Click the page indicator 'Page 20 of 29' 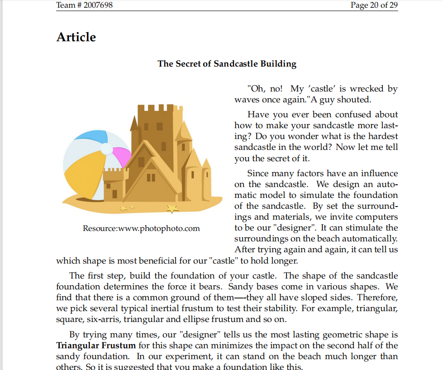pyautogui.click(x=374, y=5)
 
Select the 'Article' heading pyautogui.click(x=76, y=37)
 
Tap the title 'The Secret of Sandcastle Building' pyautogui.click(x=227, y=64)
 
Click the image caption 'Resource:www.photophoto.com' pyautogui.click(x=141, y=228)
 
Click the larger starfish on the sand pyautogui.click(x=172, y=208)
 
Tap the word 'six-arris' pyautogui.click(x=104, y=319)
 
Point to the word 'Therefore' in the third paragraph pyautogui.click(x=379, y=298)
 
